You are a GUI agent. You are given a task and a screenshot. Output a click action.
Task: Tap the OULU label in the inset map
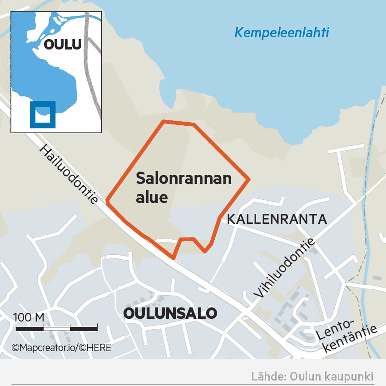click(63, 45)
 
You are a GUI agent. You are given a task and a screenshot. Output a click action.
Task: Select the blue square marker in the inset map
click(43, 114)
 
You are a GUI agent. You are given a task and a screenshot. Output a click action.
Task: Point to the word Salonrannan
click(184, 178)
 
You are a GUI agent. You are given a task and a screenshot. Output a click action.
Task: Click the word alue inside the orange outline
click(152, 198)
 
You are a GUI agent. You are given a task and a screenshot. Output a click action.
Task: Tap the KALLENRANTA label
click(277, 219)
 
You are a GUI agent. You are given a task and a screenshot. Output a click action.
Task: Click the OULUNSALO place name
click(170, 313)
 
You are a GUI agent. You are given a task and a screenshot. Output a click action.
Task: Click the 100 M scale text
click(29, 317)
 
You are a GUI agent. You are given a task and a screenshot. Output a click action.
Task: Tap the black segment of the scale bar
click(84, 327)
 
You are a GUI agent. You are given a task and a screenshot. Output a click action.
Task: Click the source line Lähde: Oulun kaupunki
click(312, 376)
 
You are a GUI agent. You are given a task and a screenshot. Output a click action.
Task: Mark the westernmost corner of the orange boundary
click(107, 199)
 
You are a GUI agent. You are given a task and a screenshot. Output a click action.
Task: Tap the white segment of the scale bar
click(57, 327)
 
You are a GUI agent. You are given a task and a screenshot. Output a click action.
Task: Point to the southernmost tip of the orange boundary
click(173, 258)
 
